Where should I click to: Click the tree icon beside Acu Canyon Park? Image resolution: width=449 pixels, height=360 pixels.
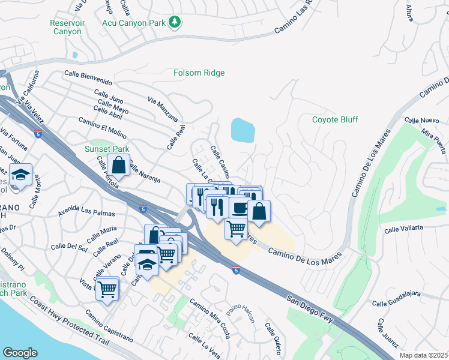(x=175, y=22)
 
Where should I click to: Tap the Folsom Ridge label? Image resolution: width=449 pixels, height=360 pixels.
(x=199, y=73)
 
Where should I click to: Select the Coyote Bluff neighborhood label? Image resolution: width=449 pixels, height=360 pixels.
(x=335, y=119)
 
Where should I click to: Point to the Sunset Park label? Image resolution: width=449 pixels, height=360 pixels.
(x=107, y=149)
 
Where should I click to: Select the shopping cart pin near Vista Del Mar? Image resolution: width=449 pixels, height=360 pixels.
(x=107, y=289)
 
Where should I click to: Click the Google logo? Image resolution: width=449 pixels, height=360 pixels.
(x=20, y=352)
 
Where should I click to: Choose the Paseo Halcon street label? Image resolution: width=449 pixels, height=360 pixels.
(x=241, y=312)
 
